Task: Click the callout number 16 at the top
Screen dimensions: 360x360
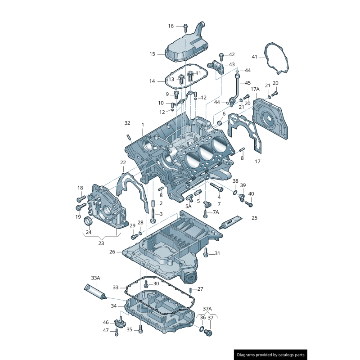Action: [171, 26]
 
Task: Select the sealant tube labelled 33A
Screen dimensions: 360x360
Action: [95, 292]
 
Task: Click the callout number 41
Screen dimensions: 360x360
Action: [255, 57]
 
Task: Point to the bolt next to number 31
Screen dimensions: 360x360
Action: [206, 253]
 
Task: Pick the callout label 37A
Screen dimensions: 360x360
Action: [207, 309]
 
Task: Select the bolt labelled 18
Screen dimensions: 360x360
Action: [81, 198]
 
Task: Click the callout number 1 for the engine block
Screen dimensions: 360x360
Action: [143, 125]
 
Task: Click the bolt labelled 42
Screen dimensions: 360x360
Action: [222, 55]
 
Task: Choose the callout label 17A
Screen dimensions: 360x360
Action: [255, 90]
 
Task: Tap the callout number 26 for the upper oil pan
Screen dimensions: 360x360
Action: [112, 252]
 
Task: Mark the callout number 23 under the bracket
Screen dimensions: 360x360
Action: [101, 243]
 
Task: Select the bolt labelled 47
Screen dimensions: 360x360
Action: [117, 332]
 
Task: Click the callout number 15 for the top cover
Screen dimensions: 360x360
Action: [152, 54]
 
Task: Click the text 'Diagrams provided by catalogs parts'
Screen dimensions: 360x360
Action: [271, 355]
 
